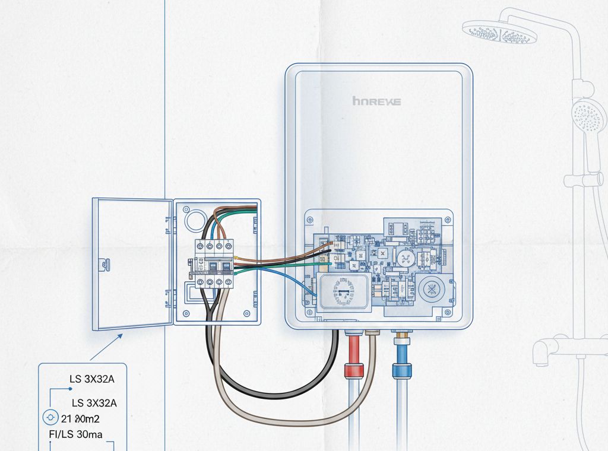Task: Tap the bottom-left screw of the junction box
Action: pos(186,313)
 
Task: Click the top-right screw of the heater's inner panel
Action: pos(444,219)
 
